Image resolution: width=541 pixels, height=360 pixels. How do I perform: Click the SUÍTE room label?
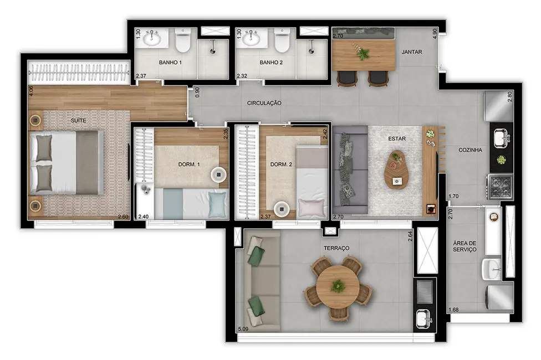(x=78, y=120)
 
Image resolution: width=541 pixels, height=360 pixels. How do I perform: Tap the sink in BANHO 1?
(x=151, y=38)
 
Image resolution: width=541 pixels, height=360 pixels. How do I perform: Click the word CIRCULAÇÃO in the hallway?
(x=265, y=103)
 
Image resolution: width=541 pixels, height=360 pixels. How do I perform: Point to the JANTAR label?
(x=412, y=52)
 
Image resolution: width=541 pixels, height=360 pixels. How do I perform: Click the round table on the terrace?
(x=337, y=286)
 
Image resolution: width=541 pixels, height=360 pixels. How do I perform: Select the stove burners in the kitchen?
(x=501, y=186)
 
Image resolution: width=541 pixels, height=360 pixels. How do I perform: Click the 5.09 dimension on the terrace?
(x=243, y=329)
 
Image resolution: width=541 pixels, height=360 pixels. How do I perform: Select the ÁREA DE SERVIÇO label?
(x=465, y=246)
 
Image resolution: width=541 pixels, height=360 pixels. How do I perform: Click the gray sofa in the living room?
(x=350, y=169)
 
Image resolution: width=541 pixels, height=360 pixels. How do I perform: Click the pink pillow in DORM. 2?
(x=310, y=209)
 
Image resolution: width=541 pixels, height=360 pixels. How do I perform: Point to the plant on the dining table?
(x=363, y=54)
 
